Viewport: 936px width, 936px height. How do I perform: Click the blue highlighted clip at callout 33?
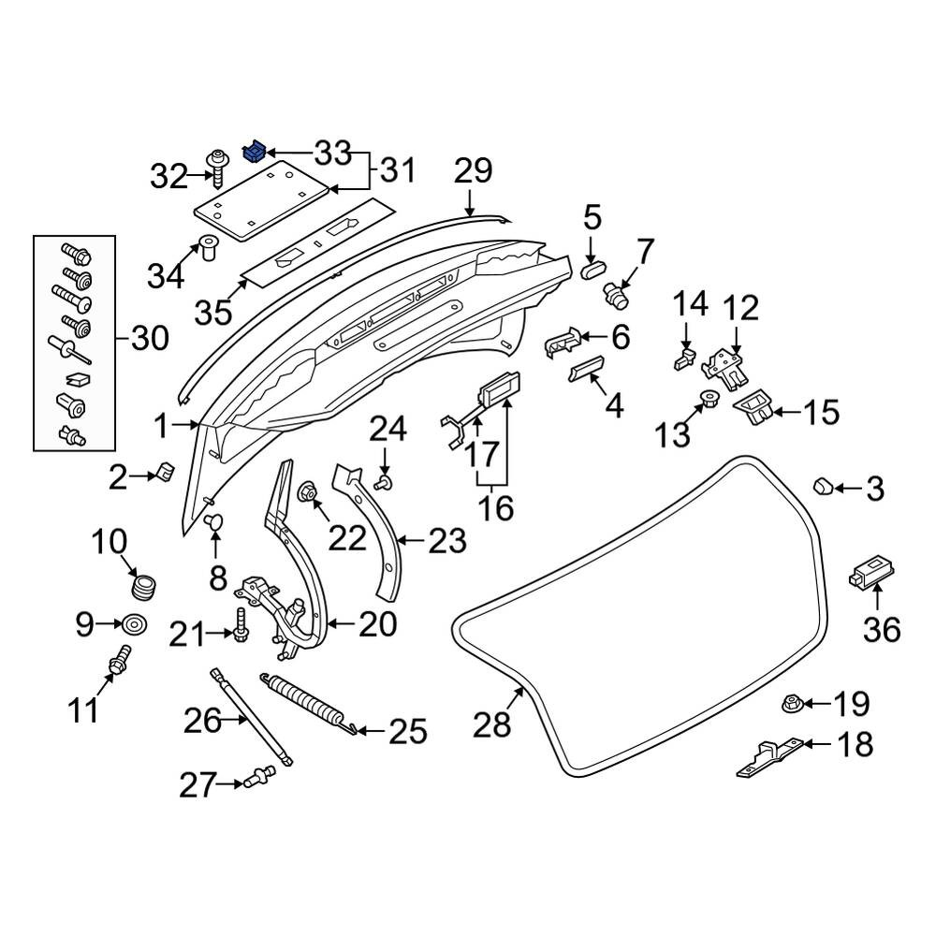(x=254, y=152)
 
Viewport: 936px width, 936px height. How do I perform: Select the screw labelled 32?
(x=216, y=168)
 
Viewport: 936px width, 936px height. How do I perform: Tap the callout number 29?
(x=474, y=172)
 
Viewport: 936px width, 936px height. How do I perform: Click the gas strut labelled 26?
(x=251, y=717)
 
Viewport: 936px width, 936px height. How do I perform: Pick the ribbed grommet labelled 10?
(x=142, y=586)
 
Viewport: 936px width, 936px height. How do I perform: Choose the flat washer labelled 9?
(x=134, y=625)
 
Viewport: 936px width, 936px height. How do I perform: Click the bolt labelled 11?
(x=120, y=660)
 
